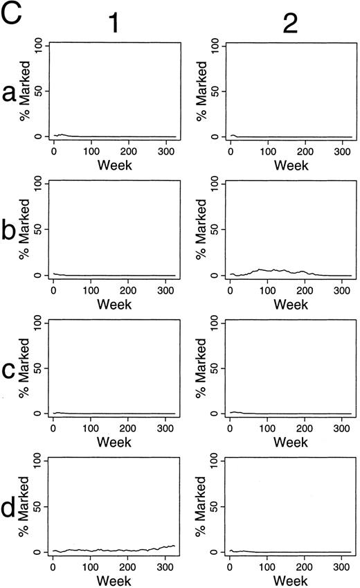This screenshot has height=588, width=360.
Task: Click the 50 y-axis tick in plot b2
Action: pyautogui.click(x=215, y=229)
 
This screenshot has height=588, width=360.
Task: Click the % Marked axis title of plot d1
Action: pyautogui.click(x=25, y=506)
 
